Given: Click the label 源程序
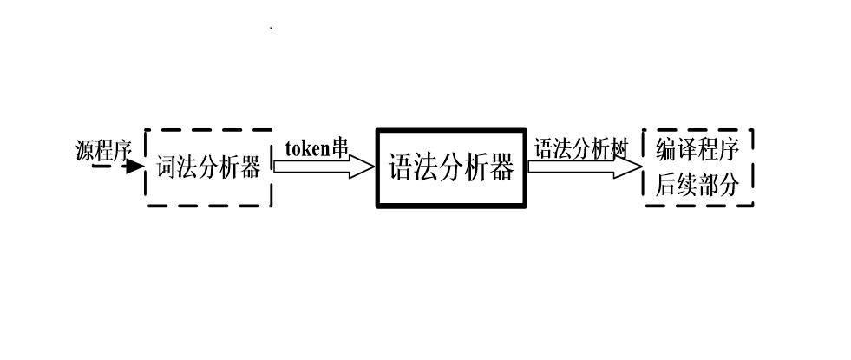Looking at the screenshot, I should click(103, 150).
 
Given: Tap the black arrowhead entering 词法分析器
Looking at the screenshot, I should click(134, 167).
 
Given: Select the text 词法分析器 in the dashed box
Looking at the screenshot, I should click(208, 167).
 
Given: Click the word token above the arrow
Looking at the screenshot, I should click(308, 148).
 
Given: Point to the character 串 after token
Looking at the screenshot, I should click(340, 148).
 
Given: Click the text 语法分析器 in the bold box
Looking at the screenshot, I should click(450, 167).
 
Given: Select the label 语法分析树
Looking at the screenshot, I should click(579, 148).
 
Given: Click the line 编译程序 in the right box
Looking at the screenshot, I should click(697, 150).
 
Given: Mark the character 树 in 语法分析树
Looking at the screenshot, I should click(618, 148).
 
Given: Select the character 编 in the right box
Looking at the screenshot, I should click(666, 150).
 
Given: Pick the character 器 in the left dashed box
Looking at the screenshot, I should click(251, 167).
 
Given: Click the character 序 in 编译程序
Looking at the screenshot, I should click(729, 150).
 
